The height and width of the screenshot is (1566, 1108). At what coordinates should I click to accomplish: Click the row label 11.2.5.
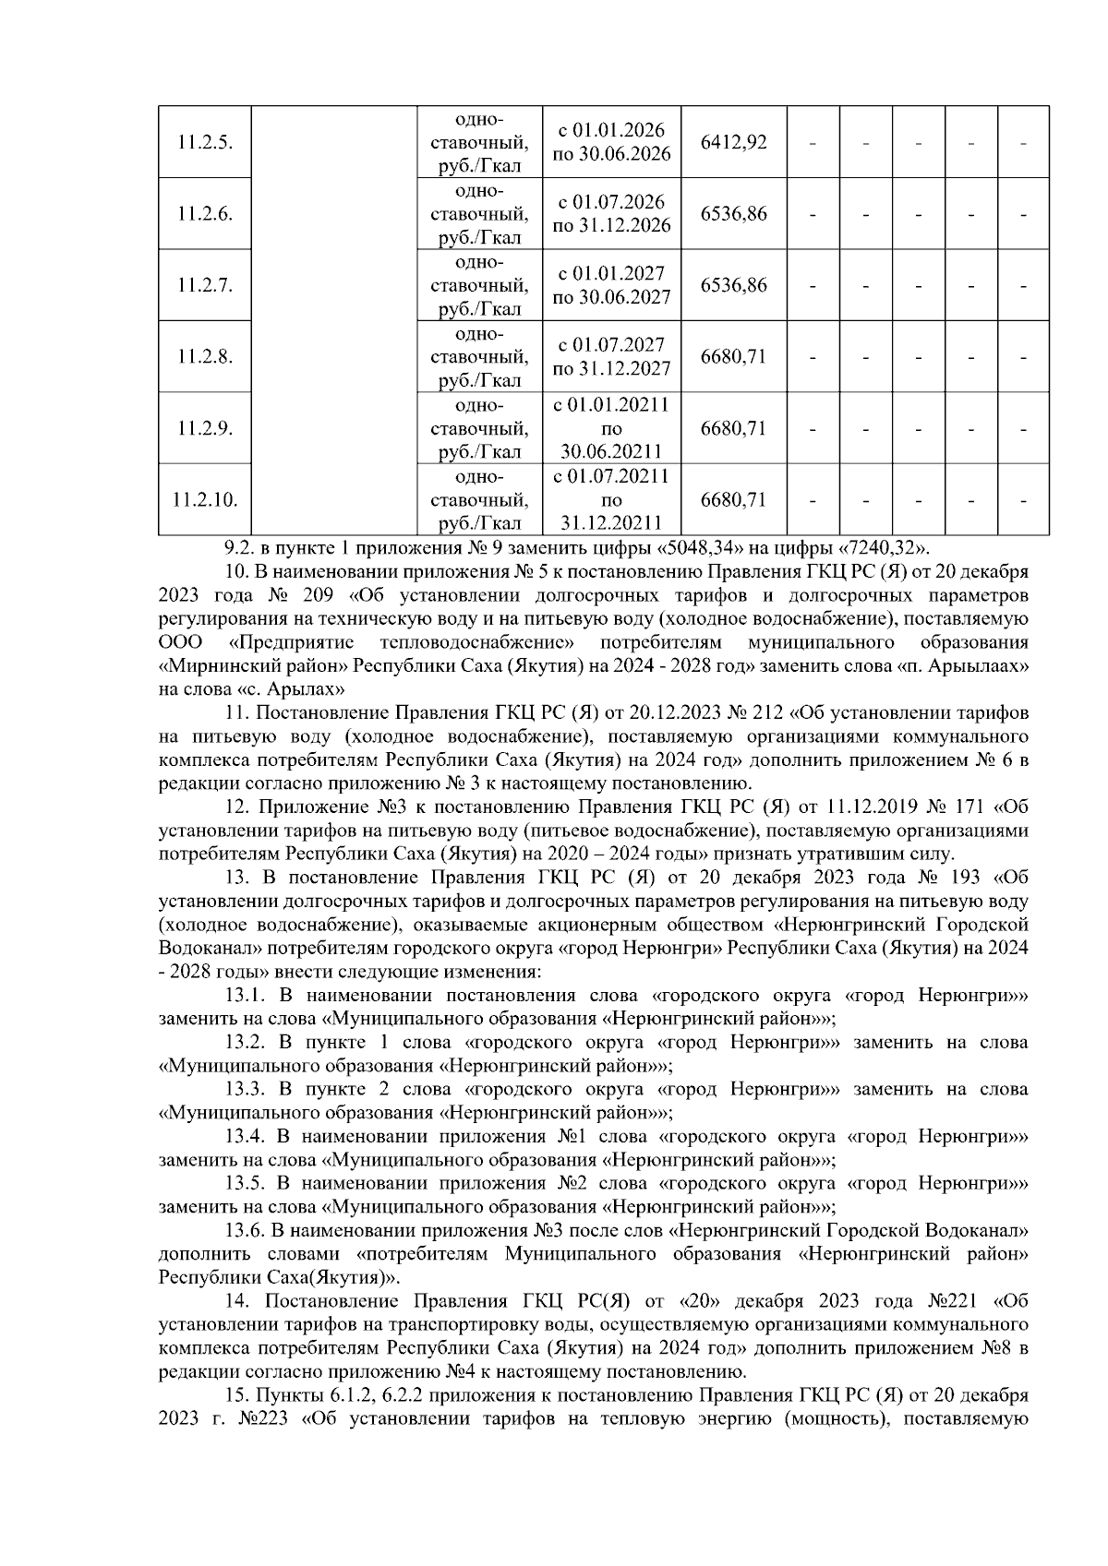205,142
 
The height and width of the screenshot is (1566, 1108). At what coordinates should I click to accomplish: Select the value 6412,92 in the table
734,142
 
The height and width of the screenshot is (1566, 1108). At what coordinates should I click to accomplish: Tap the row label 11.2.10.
205,500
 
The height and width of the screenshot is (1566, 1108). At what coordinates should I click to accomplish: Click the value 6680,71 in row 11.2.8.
734,356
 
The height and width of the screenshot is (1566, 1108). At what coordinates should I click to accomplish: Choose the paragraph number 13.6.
247,1231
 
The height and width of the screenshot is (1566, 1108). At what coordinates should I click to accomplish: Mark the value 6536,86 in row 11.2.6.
734,213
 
